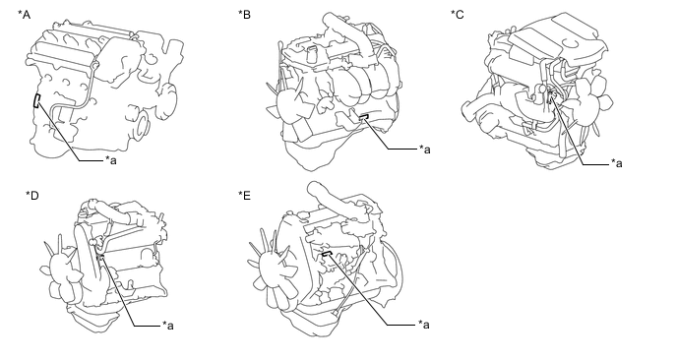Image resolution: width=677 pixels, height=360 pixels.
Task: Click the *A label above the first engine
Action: click(x=25, y=15)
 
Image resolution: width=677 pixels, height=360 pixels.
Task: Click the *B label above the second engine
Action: click(x=244, y=15)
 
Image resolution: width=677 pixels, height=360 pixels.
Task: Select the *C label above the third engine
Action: click(x=458, y=15)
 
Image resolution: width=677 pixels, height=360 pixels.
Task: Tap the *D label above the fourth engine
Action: click(x=32, y=196)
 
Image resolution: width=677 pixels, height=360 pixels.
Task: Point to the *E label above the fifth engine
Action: click(x=244, y=196)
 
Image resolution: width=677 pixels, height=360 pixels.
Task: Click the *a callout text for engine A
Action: click(x=111, y=160)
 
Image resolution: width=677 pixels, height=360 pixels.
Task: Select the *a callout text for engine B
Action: click(x=425, y=149)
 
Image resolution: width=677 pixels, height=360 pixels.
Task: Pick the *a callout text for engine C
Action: click(x=617, y=163)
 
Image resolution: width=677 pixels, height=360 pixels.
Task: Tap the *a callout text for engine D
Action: click(x=168, y=325)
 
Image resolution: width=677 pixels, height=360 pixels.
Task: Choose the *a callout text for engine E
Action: click(x=423, y=325)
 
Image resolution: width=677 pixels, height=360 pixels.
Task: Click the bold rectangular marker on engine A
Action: click(x=37, y=100)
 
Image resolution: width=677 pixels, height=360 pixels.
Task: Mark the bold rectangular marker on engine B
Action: click(x=363, y=116)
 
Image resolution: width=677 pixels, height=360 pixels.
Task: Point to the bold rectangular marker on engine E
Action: click(x=327, y=254)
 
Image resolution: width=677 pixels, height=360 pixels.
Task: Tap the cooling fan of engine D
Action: click(x=59, y=269)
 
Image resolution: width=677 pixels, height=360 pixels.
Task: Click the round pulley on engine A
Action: click(x=142, y=125)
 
